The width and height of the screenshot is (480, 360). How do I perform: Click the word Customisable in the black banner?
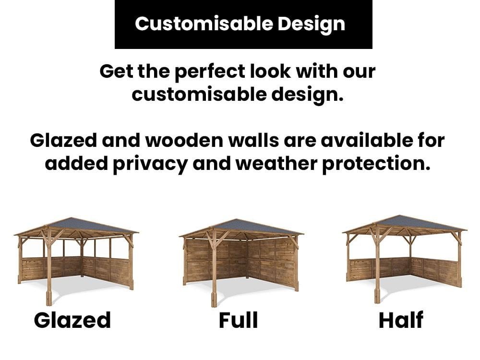[204, 24]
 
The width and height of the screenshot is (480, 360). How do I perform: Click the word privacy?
[150, 164]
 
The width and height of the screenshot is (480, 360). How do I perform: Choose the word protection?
[376, 164]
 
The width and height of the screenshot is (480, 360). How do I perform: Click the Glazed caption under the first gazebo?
[72, 320]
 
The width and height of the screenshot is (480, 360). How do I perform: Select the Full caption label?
[239, 320]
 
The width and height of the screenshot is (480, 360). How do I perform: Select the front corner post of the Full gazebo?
[214, 269]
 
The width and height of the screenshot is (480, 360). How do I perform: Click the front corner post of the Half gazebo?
[377, 266]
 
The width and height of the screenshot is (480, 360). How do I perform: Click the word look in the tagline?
[270, 71]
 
